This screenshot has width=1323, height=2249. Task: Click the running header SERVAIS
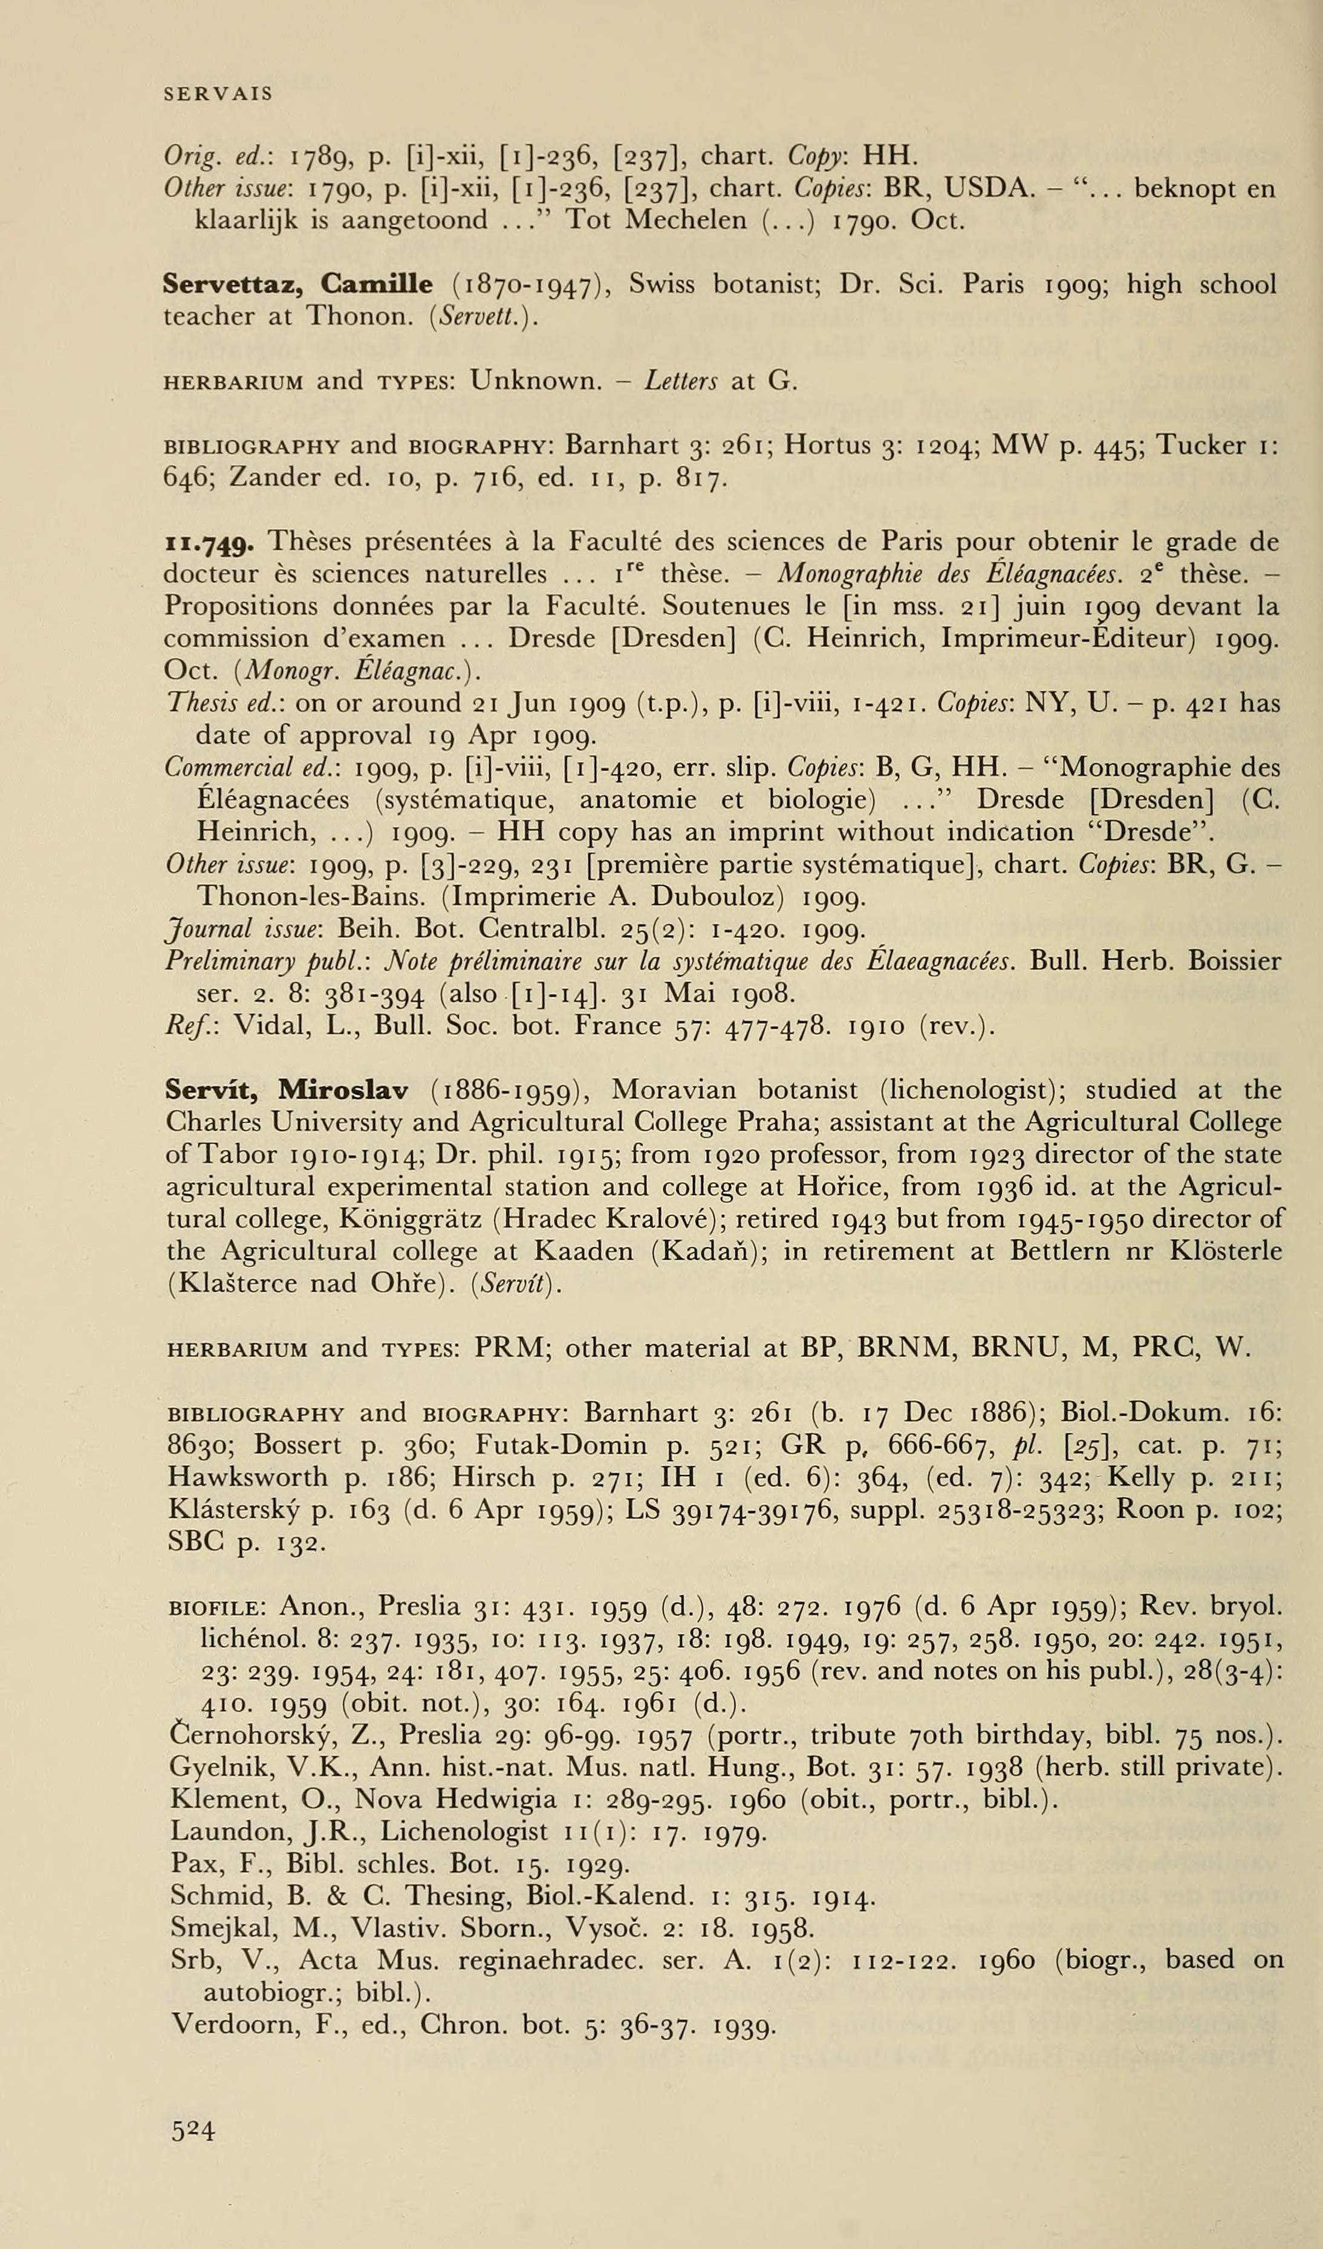point(218,94)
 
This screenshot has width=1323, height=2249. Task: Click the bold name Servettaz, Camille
point(298,285)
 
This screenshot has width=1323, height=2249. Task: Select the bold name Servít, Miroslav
point(287,1090)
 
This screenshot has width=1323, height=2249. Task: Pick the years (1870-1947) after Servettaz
point(531,285)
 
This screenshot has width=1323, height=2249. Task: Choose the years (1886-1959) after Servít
point(509,1090)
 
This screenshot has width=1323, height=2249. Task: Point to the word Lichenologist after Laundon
point(464,1832)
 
